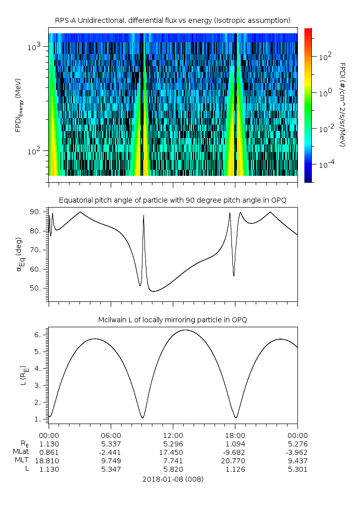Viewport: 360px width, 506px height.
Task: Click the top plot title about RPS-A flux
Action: [x=173, y=20]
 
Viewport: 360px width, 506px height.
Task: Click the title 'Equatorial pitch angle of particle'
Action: [x=173, y=200]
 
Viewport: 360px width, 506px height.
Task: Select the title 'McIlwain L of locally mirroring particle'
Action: [x=173, y=320]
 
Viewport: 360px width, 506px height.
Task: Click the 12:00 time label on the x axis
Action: [x=173, y=434]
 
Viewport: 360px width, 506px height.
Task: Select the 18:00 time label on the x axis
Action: [x=235, y=434]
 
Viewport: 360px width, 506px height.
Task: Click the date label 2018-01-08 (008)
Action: [x=173, y=479]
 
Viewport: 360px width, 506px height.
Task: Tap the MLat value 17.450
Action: [x=173, y=452]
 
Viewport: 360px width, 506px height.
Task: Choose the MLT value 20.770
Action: [x=235, y=461]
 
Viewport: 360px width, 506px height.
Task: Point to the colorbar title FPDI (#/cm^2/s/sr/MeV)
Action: [x=343, y=104]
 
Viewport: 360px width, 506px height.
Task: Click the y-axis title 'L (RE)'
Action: [x=23, y=375]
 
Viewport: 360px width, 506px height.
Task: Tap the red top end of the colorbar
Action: [x=308, y=31]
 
